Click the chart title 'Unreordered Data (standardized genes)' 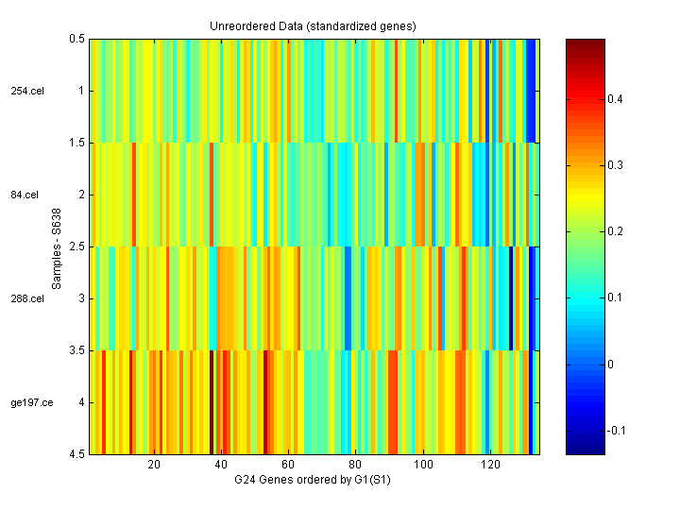313,25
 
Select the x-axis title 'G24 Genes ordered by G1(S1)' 313,481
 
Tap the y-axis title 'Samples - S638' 57,247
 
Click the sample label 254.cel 26,92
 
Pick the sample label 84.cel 25,195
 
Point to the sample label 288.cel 26,299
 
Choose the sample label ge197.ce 30,403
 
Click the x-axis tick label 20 155,466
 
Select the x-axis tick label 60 289,466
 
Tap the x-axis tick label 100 423,466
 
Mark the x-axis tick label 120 490,466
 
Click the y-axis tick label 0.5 76,40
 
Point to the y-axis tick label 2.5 76,247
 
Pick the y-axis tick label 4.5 76,455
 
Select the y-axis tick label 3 79,299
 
